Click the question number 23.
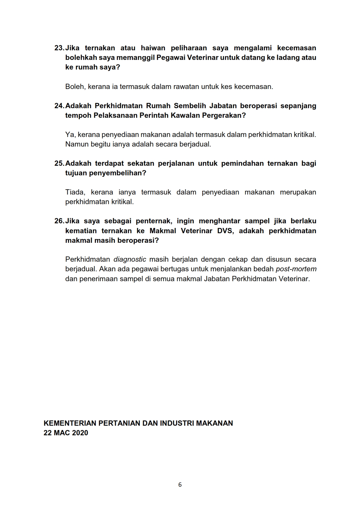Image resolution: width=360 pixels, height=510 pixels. [59, 48]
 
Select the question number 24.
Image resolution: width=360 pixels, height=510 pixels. [59, 106]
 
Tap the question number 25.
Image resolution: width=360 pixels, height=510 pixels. [59, 163]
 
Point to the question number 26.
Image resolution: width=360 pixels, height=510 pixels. [59, 221]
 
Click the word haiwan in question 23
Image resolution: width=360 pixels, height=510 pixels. [153, 48]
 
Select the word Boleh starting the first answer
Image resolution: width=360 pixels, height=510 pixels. [74, 87]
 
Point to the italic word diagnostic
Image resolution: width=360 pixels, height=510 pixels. [130, 259]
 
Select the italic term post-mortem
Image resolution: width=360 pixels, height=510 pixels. [296, 269]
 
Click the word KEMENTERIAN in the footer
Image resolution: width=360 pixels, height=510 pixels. [70, 423]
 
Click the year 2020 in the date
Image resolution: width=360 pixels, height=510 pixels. [80, 433]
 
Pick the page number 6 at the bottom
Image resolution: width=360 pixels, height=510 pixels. [180, 485]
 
